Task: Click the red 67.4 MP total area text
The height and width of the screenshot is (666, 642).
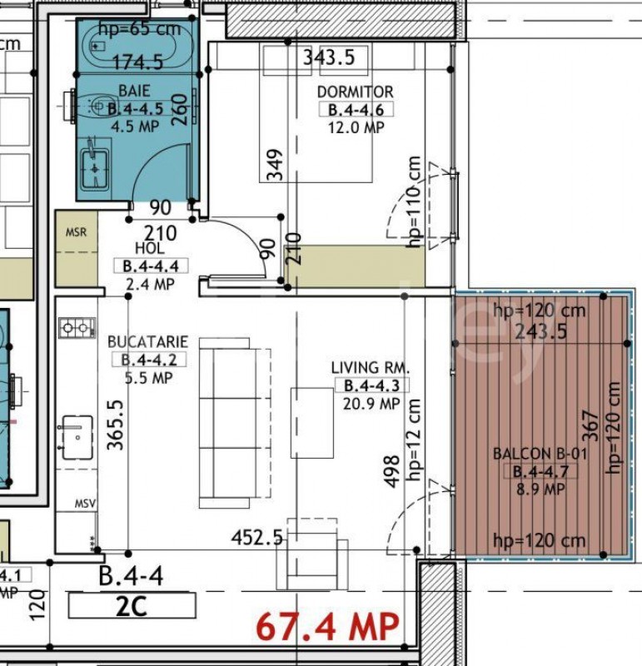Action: coord(327,627)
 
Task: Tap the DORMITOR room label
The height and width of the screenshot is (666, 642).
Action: coord(356,92)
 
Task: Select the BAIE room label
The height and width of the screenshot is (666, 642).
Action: coord(134,91)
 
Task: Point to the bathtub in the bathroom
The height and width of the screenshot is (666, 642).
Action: coord(140,46)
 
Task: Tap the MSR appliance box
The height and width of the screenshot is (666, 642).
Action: coord(77,248)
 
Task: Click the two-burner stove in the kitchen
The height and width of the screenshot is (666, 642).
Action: coord(77,328)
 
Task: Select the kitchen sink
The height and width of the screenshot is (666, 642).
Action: coord(77,438)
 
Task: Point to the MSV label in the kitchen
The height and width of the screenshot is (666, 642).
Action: coord(85,504)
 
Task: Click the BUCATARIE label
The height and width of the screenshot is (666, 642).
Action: coord(147,342)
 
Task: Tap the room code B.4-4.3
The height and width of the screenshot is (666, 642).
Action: coord(371,385)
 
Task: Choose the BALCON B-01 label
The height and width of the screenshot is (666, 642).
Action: coord(540,454)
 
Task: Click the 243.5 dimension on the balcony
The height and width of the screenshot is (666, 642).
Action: coord(541,331)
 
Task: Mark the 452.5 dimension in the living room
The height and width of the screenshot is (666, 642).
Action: coord(257,538)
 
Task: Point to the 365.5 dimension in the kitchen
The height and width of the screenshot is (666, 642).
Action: coord(116,425)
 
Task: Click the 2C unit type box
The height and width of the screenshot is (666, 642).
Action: coord(132,606)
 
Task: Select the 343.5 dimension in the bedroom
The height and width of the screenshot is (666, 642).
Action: coord(329,57)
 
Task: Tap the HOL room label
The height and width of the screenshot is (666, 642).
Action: coord(150,248)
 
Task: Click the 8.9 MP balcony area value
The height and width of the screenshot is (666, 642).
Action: coord(541,490)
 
